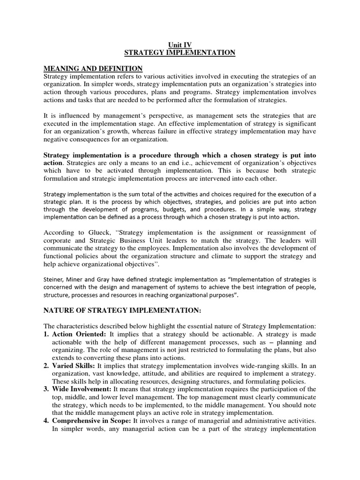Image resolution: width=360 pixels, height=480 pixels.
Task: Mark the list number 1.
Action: tap(46, 334)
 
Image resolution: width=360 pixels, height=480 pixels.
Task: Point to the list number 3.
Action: tap(46, 390)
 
